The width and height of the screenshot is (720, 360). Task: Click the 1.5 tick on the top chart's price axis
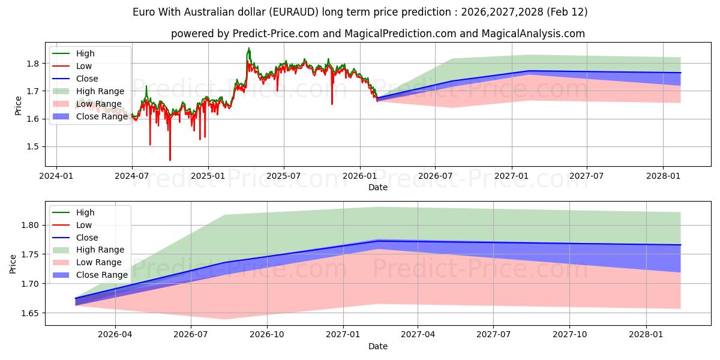point(33,146)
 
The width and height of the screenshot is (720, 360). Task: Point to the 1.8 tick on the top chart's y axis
point(33,64)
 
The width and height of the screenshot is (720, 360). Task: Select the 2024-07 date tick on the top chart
point(132,176)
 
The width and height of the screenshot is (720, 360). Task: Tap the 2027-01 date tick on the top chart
point(511,176)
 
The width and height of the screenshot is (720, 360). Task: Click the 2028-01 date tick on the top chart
point(663,176)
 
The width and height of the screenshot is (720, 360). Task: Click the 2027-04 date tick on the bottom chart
point(418,335)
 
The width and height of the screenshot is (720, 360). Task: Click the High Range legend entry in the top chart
point(100,91)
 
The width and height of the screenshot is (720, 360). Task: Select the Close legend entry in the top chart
point(87,79)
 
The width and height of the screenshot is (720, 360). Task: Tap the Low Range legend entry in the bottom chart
point(99,262)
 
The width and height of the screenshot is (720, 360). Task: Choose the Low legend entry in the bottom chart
point(84,225)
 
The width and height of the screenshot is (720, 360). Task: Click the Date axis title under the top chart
point(378,187)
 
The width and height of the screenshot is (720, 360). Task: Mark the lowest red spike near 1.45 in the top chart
point(170,160)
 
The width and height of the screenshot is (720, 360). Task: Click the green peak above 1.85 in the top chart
point(249,48)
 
